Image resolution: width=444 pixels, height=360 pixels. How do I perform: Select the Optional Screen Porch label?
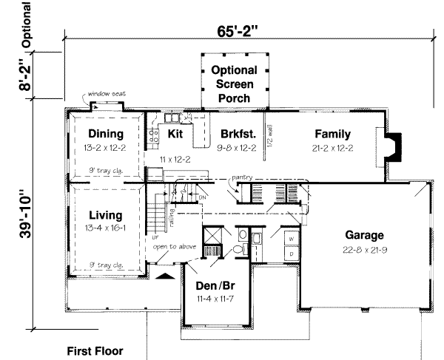point(234,84)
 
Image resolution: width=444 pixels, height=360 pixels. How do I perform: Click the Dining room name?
point(104,134)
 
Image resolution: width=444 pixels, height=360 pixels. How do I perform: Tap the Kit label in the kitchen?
point(175,134)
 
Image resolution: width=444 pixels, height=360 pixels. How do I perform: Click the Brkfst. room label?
point(238,134)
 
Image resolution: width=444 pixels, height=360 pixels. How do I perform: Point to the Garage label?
point(364,235)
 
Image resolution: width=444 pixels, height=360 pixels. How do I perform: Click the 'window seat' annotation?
point(108,95)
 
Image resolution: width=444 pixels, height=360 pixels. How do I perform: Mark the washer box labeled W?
point(292,240)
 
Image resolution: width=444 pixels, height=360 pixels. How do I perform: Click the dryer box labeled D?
point(292,254)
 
